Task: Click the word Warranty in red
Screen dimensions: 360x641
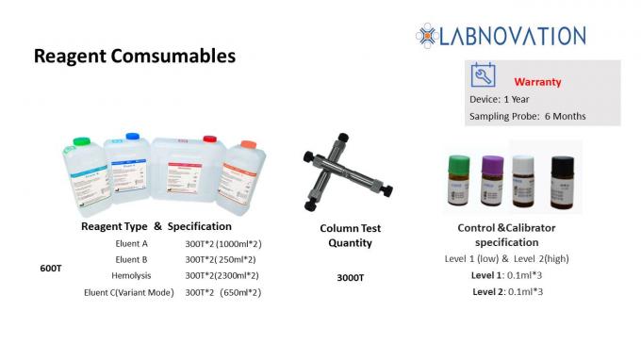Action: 537,82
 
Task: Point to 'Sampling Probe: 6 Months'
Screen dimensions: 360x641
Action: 527,116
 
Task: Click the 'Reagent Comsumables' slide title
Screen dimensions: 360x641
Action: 135,57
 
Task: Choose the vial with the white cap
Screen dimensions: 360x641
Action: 525,175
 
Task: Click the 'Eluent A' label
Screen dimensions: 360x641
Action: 132,243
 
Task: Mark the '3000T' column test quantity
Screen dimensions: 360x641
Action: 350,278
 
